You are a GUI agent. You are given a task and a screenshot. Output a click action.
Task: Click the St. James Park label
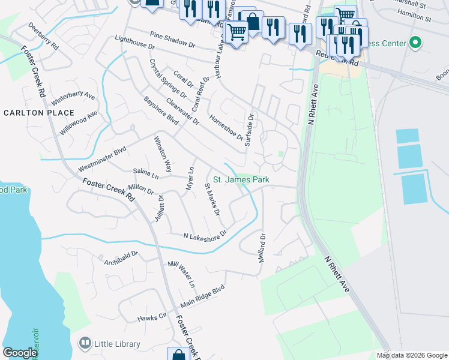[x=241, y=179]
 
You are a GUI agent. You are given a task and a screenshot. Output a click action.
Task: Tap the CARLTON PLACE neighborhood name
[x=39, y=113]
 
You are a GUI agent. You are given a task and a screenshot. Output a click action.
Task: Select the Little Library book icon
[x=85, y=344]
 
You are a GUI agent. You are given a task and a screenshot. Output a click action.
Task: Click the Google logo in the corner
[x=20, y=353]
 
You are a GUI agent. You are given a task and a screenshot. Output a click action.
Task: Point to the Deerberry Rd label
[x=43, y=37]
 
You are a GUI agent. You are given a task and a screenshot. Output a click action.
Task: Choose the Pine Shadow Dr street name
[x=173, y=40]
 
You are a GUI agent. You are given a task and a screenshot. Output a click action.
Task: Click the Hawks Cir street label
[x=151, y=317]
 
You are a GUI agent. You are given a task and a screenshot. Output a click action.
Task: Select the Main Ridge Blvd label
[x=202, y=297]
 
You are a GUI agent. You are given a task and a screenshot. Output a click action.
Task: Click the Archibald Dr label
[x=120, y=257]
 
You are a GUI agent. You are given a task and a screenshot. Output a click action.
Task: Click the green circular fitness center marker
[x=414, y=43]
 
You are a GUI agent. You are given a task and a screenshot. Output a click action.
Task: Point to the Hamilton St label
[x=412, y=19]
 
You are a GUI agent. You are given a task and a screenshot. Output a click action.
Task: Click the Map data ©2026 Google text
[x=411, y=355]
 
